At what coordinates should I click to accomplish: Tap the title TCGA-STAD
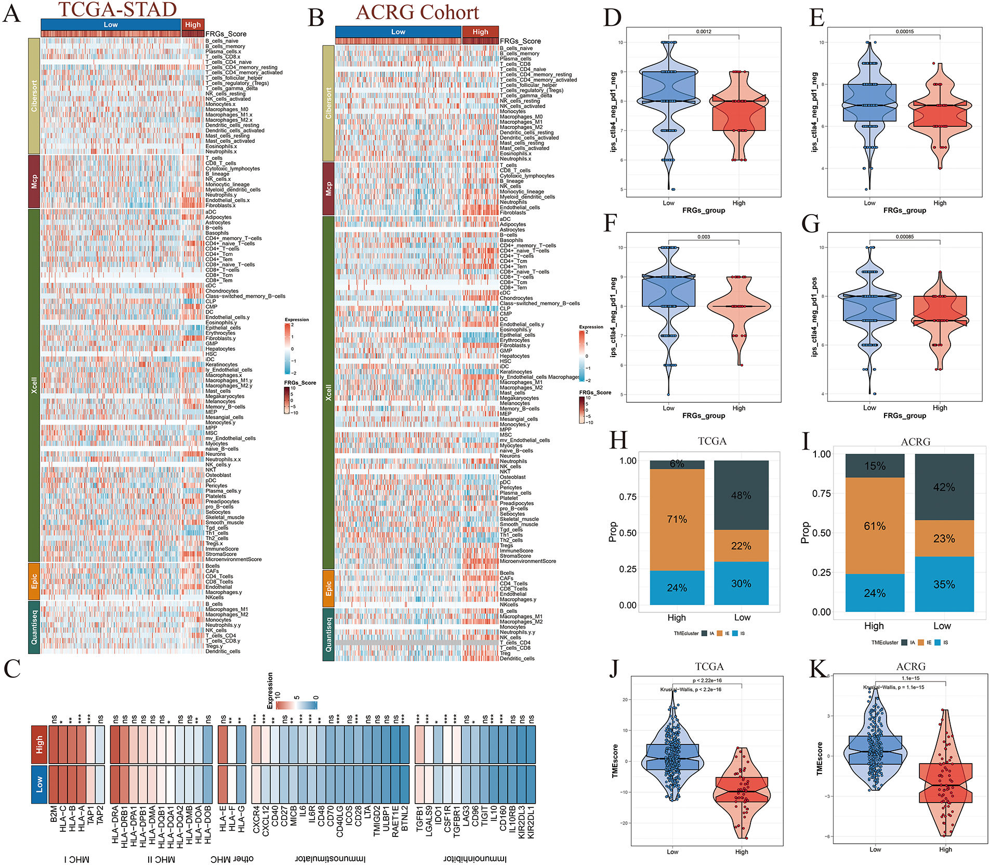[117, 9]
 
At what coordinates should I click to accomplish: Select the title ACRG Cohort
[417, 12]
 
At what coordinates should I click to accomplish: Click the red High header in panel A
[193, 24]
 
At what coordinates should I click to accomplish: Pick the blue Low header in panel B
[398, 32]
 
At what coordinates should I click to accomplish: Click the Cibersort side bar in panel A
[34, 96]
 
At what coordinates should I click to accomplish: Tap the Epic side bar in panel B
[328, 588]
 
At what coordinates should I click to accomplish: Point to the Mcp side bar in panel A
[34, 181]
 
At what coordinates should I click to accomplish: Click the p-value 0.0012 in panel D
[704, 32]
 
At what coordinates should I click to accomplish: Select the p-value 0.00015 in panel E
[905, 32]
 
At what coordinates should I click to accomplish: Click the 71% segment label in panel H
[677, 519]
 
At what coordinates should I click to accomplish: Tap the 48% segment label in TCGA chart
[741, 495]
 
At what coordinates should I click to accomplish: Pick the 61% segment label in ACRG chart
[875, 526]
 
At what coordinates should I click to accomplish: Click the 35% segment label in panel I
[944, 584]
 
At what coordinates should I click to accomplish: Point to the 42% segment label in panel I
[944, 487]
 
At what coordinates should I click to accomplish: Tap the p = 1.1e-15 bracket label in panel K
[910, 678]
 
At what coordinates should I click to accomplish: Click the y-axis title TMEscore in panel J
[615, 761]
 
